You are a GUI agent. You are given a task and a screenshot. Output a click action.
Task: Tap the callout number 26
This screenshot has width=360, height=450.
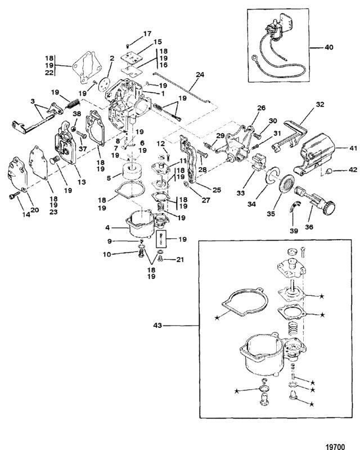[245, 107]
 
